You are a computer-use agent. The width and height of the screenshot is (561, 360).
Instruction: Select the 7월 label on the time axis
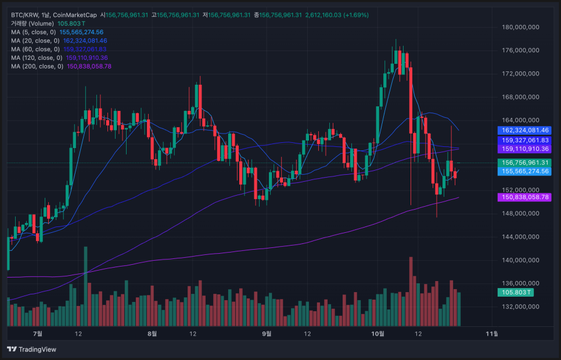[x=38, y=333]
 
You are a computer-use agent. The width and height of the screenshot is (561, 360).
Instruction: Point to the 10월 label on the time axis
[x=377, y=333]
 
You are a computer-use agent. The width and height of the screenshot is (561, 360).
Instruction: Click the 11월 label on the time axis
[x=491, y=333]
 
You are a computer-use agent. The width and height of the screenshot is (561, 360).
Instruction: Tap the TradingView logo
[x=32, y=349]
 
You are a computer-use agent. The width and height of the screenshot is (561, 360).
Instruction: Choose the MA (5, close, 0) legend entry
[x=34, y=32]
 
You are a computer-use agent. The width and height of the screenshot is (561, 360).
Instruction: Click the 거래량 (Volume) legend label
[x=32, y=23]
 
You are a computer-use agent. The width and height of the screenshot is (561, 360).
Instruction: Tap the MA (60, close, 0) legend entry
[x=34, y=49]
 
